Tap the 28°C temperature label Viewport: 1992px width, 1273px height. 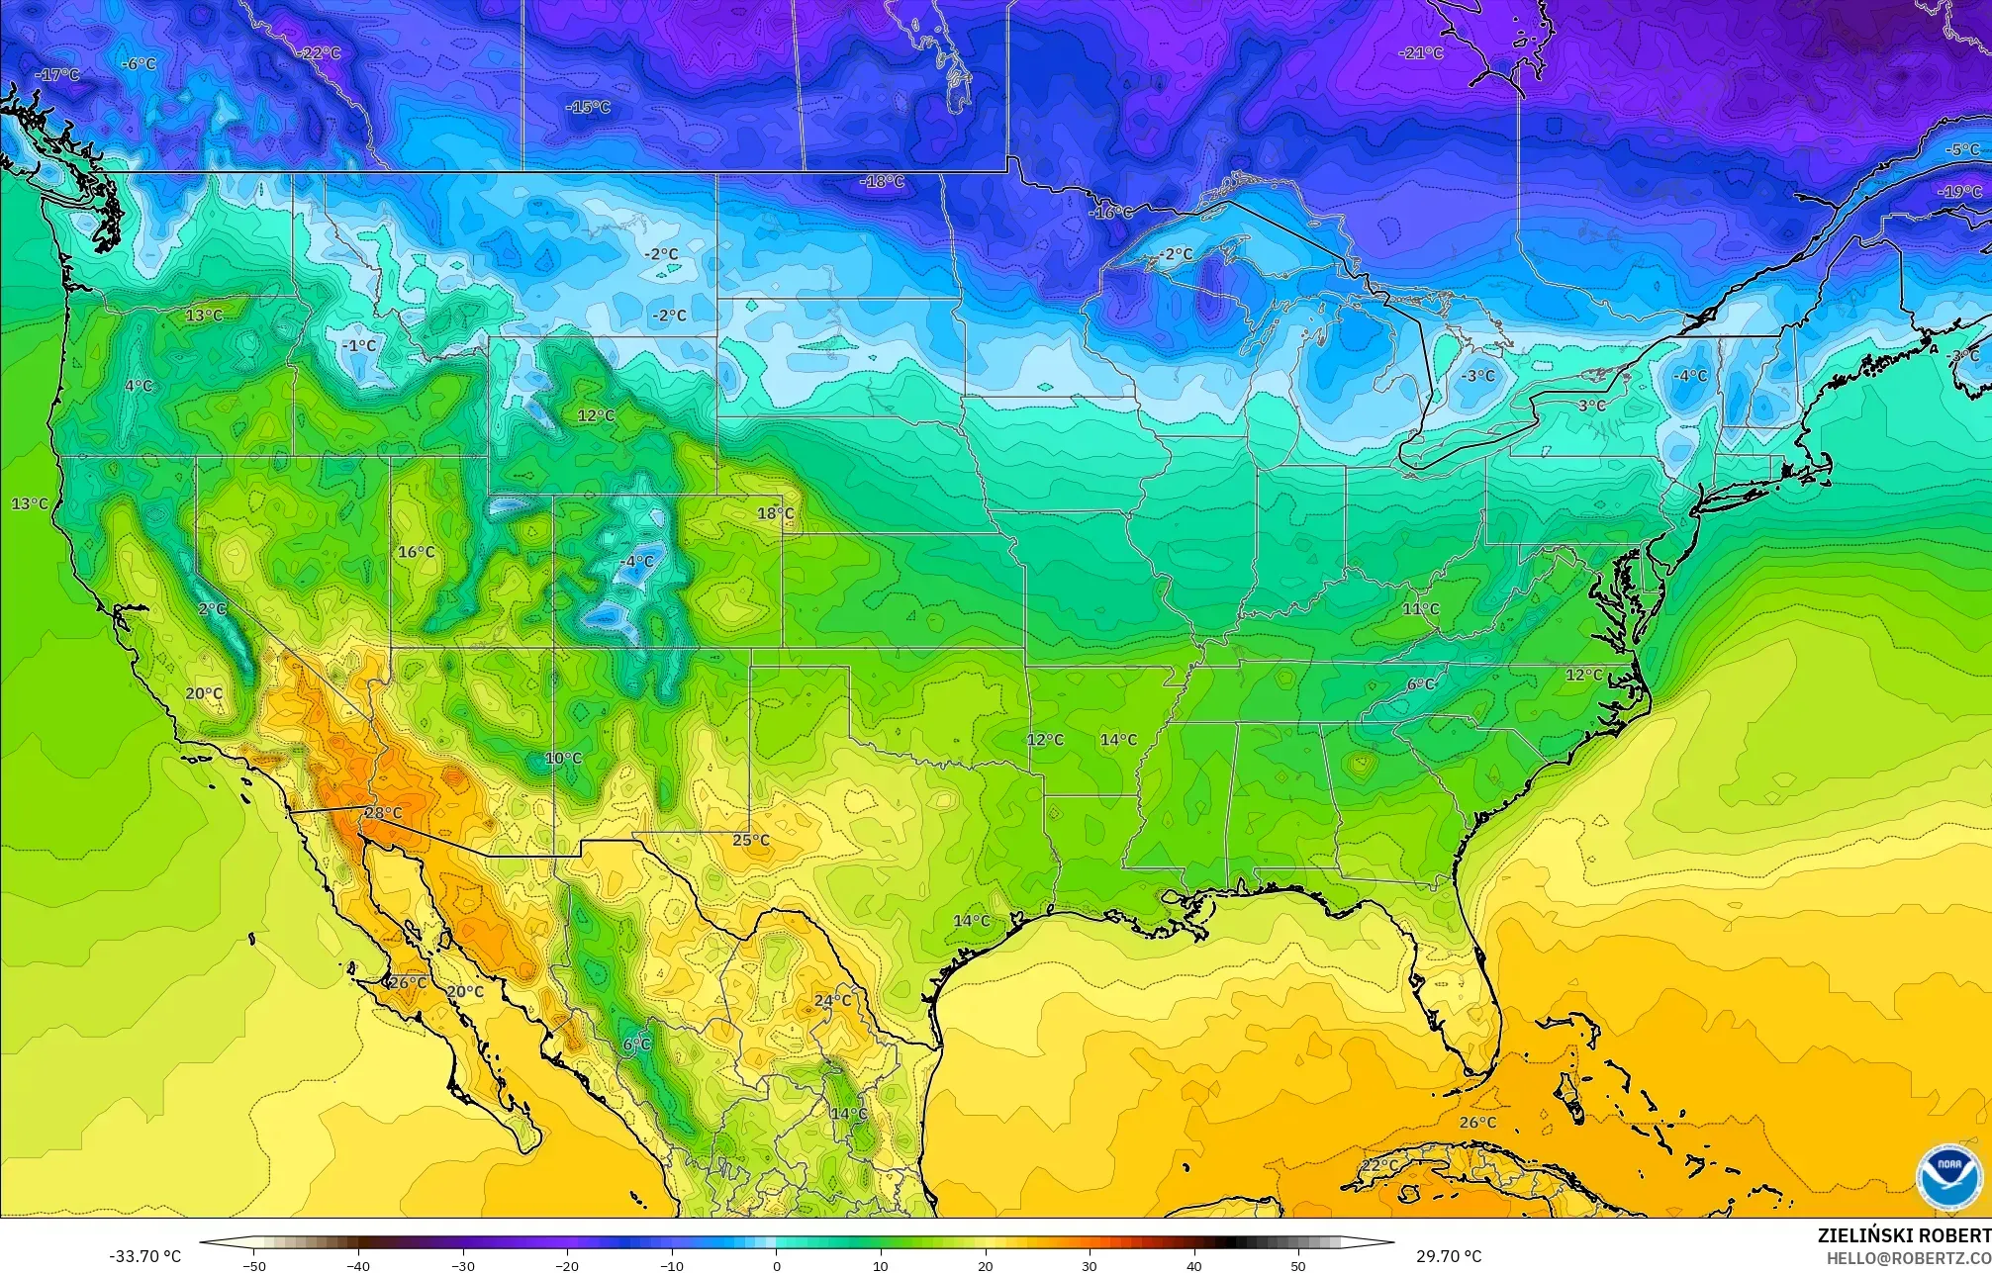click(383, 813)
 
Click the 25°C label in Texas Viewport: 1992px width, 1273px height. click(750, 840)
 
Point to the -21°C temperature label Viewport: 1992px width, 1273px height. click(1421, 53)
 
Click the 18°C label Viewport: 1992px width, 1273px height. click(776, 513)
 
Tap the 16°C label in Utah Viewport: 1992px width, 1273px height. click(416, 552)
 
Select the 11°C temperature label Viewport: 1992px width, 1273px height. click(1421, 609)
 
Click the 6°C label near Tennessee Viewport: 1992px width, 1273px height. click(1421, 684)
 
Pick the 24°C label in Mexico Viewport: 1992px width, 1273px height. click(832, 1000)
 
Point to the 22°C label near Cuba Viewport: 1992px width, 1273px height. click(1379, 1166)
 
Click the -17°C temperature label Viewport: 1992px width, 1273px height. click(57, 75)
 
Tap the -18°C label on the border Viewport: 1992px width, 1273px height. click(882, 182)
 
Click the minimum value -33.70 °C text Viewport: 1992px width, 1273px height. click(145, 1256)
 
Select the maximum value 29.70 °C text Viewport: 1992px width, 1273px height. click(1449, 1256)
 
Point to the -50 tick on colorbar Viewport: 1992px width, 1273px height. click(254, 1266)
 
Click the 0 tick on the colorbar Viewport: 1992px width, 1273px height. click(776, 1266)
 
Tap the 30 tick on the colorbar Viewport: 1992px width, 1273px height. click(1090, 1266)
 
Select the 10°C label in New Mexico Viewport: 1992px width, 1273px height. click(563, 759)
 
